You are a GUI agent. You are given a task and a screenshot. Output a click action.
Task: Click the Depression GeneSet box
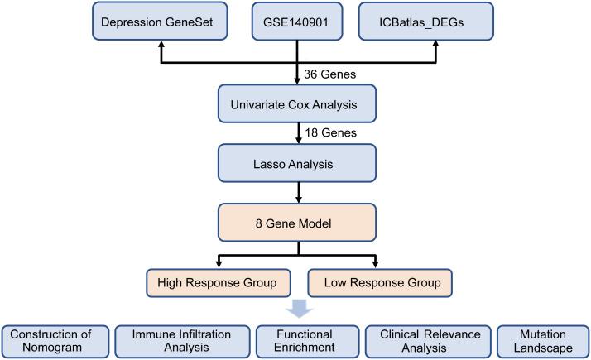[x=160, y=22]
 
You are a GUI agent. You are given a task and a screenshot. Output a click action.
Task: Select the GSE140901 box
[x=296, y=22]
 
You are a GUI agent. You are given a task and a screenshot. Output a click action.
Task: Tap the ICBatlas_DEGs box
[x=435, y=22]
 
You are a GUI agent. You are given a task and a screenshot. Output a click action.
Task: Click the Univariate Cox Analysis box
[x=296, y=106]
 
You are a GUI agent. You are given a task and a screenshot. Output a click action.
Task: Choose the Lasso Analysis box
[x=296, y=162]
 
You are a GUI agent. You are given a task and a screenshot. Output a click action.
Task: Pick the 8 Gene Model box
[x=296, y=220]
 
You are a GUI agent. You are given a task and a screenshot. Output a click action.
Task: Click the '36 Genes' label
[x=329, y=74]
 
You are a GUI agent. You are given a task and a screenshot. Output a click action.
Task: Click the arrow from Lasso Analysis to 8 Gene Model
[x=296, y=191]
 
